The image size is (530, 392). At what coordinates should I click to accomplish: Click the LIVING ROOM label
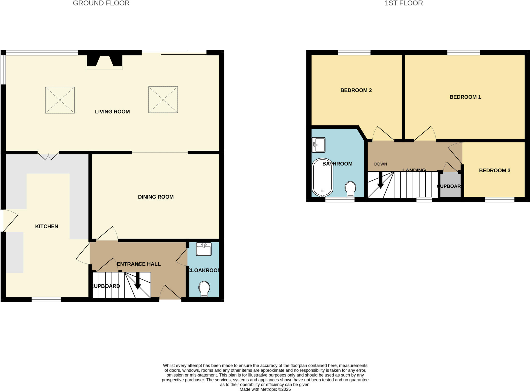click(112, 112)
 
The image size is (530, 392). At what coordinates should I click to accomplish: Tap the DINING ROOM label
click(156, 197)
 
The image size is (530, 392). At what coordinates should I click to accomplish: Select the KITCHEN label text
click(47, 227)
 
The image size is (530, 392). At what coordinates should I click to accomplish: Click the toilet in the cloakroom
click(204, 289)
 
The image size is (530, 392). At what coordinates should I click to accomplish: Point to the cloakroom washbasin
click(204, 249)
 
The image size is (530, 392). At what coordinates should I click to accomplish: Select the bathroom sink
click(319, 145)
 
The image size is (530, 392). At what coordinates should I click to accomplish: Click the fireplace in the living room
click(105, 62)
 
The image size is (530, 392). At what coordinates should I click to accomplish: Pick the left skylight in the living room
click(60, 100)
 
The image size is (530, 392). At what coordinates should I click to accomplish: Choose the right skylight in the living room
click(163, 100)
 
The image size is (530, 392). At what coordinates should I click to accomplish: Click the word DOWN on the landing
click(380, 164)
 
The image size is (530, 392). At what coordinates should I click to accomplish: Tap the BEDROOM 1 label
click(465, 97)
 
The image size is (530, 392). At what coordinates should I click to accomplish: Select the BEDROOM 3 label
click(495, 171)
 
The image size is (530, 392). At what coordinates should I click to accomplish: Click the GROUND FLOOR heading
click(101, 3)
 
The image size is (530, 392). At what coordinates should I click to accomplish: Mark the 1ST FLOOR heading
click(404, 3)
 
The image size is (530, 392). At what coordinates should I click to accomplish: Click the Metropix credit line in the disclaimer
click(265, 389)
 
